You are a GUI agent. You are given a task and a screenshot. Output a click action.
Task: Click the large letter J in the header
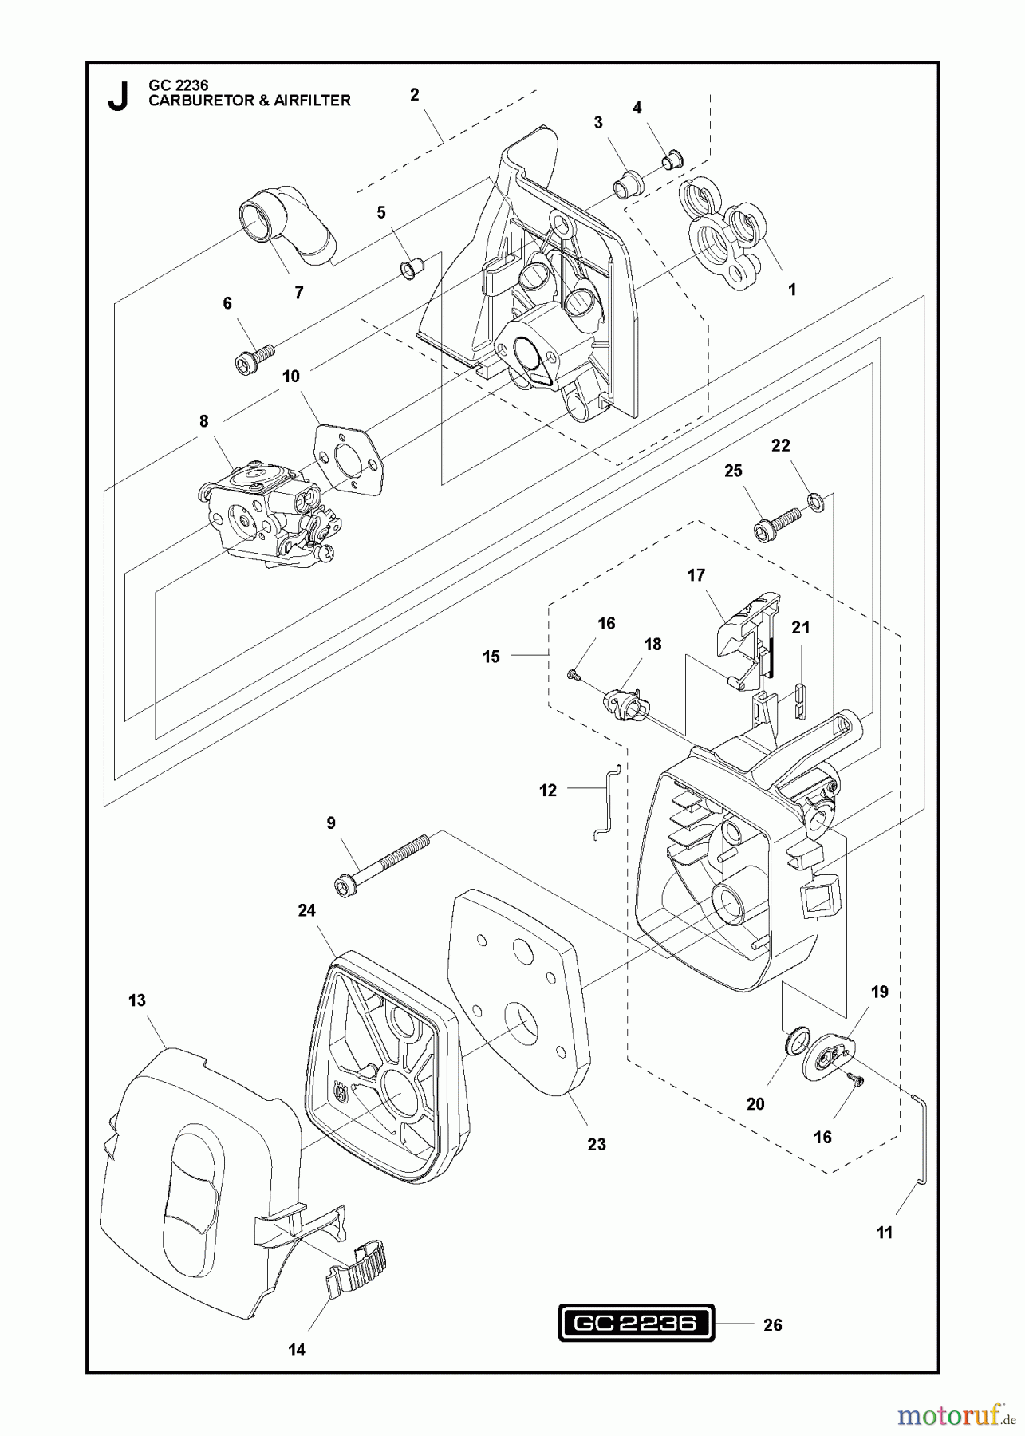point(118,97)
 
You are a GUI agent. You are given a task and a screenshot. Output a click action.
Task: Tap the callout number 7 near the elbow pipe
point(298,293)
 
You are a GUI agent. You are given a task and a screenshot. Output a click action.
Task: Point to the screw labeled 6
point(254,357)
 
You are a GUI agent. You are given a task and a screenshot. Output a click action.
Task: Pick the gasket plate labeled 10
point(350,456)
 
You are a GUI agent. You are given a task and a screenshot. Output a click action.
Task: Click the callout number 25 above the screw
point(733,471)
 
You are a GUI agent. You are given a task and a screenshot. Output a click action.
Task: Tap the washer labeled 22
point(816,503)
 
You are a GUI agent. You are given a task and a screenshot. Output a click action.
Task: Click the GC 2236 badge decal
point(635,1324)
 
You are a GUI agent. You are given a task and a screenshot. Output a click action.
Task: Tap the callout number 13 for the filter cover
point(137,1000)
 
